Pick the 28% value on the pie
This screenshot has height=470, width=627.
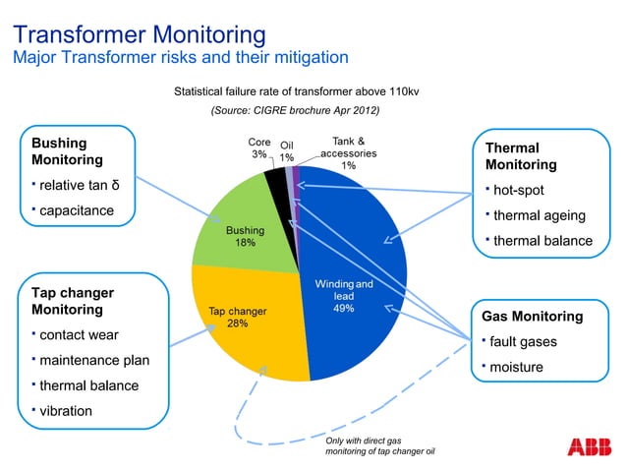(237, 323)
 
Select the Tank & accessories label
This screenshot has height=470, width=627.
(348, 153)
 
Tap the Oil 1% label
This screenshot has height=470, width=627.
(287, 150)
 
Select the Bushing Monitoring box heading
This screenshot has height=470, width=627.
(69, 150)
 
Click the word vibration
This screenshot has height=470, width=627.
(66, 410)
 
